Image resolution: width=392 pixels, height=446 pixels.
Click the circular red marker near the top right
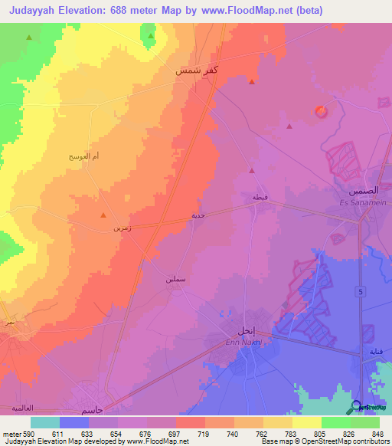321,112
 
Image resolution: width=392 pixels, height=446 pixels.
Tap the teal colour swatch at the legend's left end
44,422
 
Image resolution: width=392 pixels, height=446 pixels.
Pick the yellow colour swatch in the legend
307,422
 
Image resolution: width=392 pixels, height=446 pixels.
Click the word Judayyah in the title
38,11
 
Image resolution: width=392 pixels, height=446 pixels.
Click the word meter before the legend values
11,433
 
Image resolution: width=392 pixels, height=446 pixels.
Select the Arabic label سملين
175,280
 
